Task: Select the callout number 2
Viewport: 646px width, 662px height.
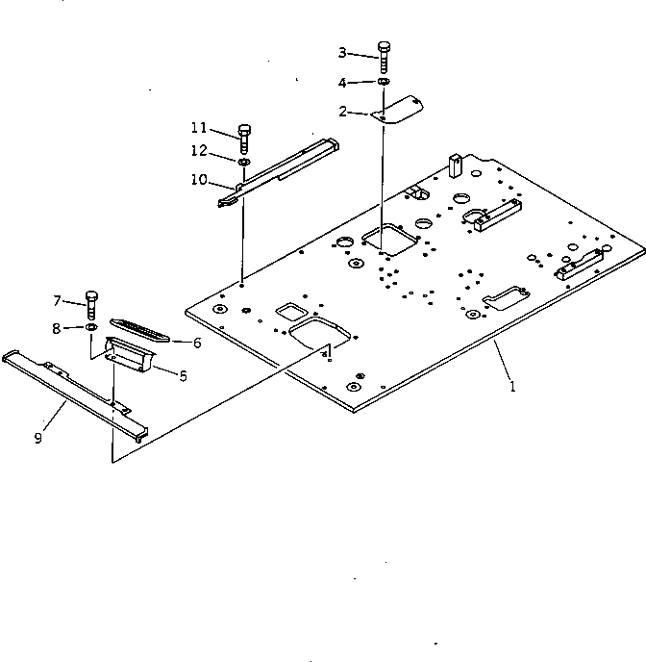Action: (x=342, y=112)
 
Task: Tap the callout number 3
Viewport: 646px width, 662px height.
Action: (x=342, y=52)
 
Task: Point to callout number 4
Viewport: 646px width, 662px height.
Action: (x=342, y=83)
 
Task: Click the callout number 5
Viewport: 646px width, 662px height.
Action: (x=184, y=375)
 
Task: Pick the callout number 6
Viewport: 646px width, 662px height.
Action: (x=196, y=342)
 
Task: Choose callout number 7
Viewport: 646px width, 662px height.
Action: (x=57, y=299)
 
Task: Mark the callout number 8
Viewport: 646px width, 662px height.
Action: (x=57, y=329)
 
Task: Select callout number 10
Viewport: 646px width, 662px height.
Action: (x=199, y=179)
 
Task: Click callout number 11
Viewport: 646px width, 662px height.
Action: (x=198, y=127)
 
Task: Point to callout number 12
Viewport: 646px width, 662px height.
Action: (x=198, y=150)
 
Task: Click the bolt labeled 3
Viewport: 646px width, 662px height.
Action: (x=384, y=57)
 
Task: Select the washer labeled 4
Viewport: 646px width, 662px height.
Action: (x=384, y=83)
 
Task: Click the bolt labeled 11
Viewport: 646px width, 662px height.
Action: (x=243, y=138)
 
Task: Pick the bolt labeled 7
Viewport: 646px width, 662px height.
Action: (x=92, y=303)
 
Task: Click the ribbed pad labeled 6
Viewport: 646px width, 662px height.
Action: (x=141, y=329)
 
